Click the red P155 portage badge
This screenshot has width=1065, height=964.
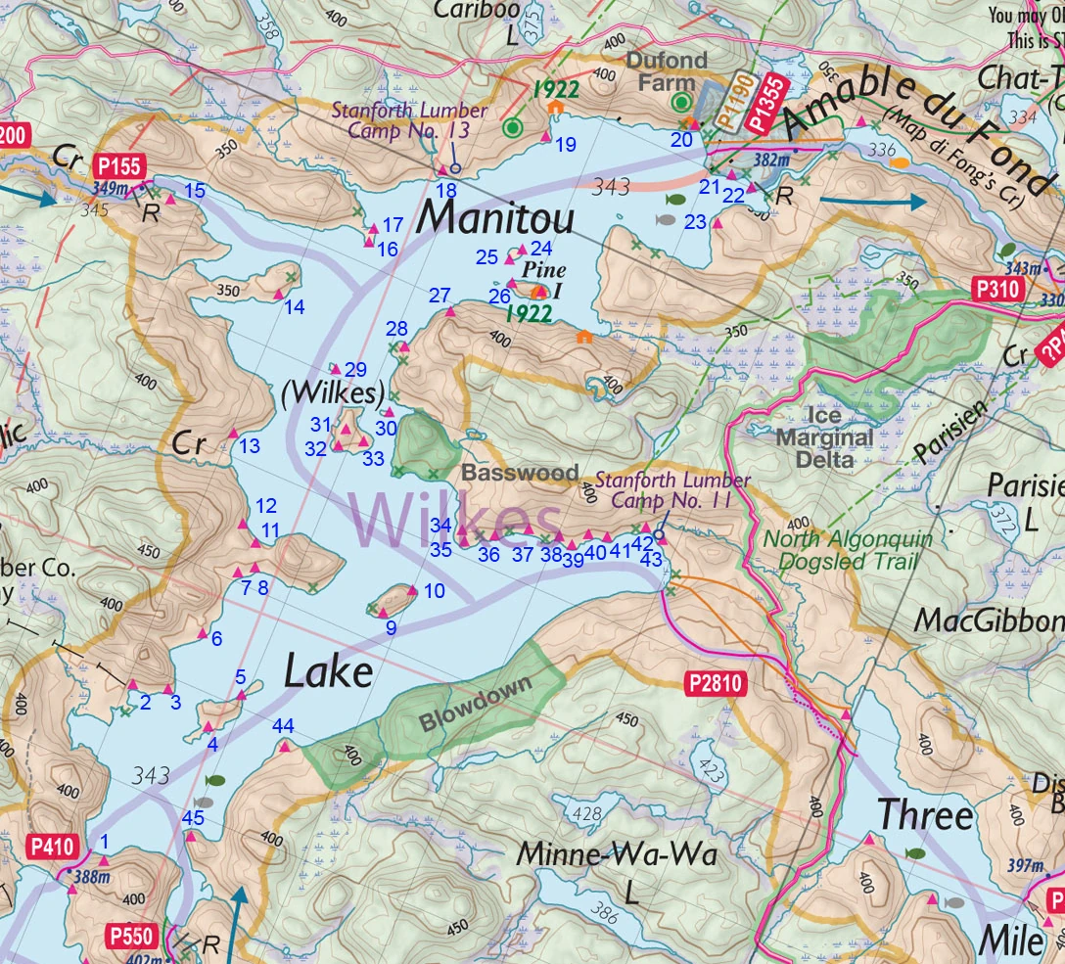[x=118, y=167]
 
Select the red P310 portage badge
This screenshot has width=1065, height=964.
[x=997, y=289]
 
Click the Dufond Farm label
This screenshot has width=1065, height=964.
[x=667, y=71]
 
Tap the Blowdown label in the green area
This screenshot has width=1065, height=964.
[x=476, y=702]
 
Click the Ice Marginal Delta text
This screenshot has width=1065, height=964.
[x=823, y=436]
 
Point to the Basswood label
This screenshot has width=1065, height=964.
[x=520, y=473]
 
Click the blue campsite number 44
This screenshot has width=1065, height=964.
[x=284, y=725]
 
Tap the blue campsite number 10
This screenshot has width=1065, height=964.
[x=434, y=590]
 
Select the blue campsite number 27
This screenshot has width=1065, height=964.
[x=440, y=296]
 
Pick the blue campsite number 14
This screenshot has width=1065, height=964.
[x=294, y=308]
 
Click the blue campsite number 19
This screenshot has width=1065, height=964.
[x=565, y=145]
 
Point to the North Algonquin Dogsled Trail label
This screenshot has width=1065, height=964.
[x=848, y=550]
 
